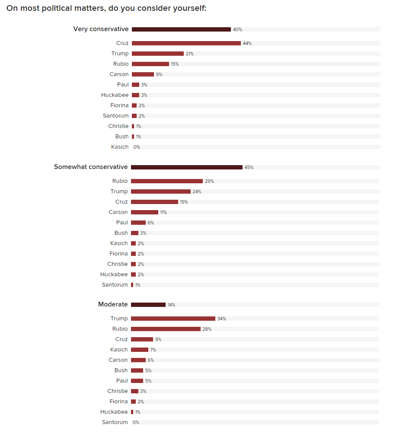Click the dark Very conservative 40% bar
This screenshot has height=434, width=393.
click(181, 29)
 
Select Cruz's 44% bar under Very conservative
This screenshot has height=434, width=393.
click(186, 43)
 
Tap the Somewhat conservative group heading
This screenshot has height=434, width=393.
click(91, 167)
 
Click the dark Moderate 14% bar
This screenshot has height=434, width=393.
click(148, 305)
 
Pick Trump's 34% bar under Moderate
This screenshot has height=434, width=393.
click(173, 319)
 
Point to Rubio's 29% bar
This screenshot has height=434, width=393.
click(167, 181)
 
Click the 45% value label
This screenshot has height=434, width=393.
click(249, 167)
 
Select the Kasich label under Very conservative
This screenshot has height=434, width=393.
click(120, 147)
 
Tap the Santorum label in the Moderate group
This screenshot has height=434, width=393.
click(115, 422)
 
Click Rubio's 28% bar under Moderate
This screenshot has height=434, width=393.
click(166, 329)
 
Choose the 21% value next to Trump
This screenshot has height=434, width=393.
click(189, 54)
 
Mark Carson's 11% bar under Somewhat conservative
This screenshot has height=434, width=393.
click(144, 212)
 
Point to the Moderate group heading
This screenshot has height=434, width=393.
click(113, 304)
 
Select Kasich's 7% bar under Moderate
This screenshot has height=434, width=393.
click(140, 350)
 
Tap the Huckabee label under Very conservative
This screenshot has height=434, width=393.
click(115, 95)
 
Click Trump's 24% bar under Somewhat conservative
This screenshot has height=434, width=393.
click(161, 191)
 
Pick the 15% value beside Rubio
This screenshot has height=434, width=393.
click(175, 64)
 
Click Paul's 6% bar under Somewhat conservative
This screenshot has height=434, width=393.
click(138, 223)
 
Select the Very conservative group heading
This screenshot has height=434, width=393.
click(101, 29)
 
